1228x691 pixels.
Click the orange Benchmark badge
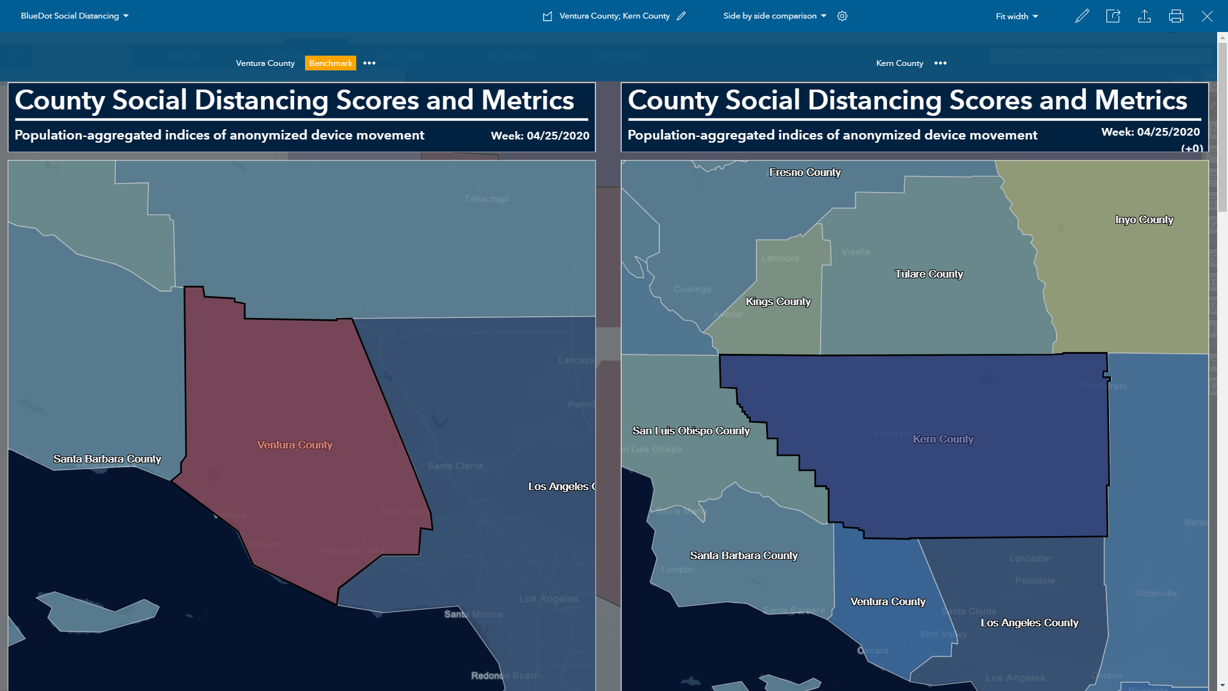pyautogui.click(x=330, y=63)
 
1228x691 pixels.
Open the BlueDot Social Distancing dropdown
pyautogui.click(x=74, y=16)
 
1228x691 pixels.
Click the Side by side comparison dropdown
pyautogui.click(x=775, y=16)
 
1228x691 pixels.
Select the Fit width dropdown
pyautogui.click(x=1016, y=17)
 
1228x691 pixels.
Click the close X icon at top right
pyautogui.click(x=1206, y=17)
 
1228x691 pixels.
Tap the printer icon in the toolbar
pyautogui.click(x=1176, y=17)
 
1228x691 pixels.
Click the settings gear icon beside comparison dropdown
pyautogui.click(x=842, y=16)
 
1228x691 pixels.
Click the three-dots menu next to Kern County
pyautogui.click(x=940, y=63)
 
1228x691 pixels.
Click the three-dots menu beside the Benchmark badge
pyautogui.click(x=369, y=63)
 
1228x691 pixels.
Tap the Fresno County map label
pyautogui.click(x=805, y=172)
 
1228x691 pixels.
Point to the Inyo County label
pyautogui.click(x=1144, y=219)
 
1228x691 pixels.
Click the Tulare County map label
pyautogui.click(x=928, y=274)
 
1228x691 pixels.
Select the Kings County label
pyautogui.click(x=778, y=301)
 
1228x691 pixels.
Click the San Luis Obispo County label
pyautogui.click(x=691, y=431)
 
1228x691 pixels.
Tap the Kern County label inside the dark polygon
pyautogui.click(x=943, y=439)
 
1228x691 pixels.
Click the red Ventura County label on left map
pyautogui.click(x=294, y=445)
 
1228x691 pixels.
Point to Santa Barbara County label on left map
pyautogui.click(x=107, y=459)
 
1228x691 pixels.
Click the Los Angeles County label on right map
pyautogui.click(x=1029, y=623)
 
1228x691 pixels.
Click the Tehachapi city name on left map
pyautogui.click(x=487, y=199)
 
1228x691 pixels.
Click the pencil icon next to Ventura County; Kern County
pyautogui.click(x=681, y=16)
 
